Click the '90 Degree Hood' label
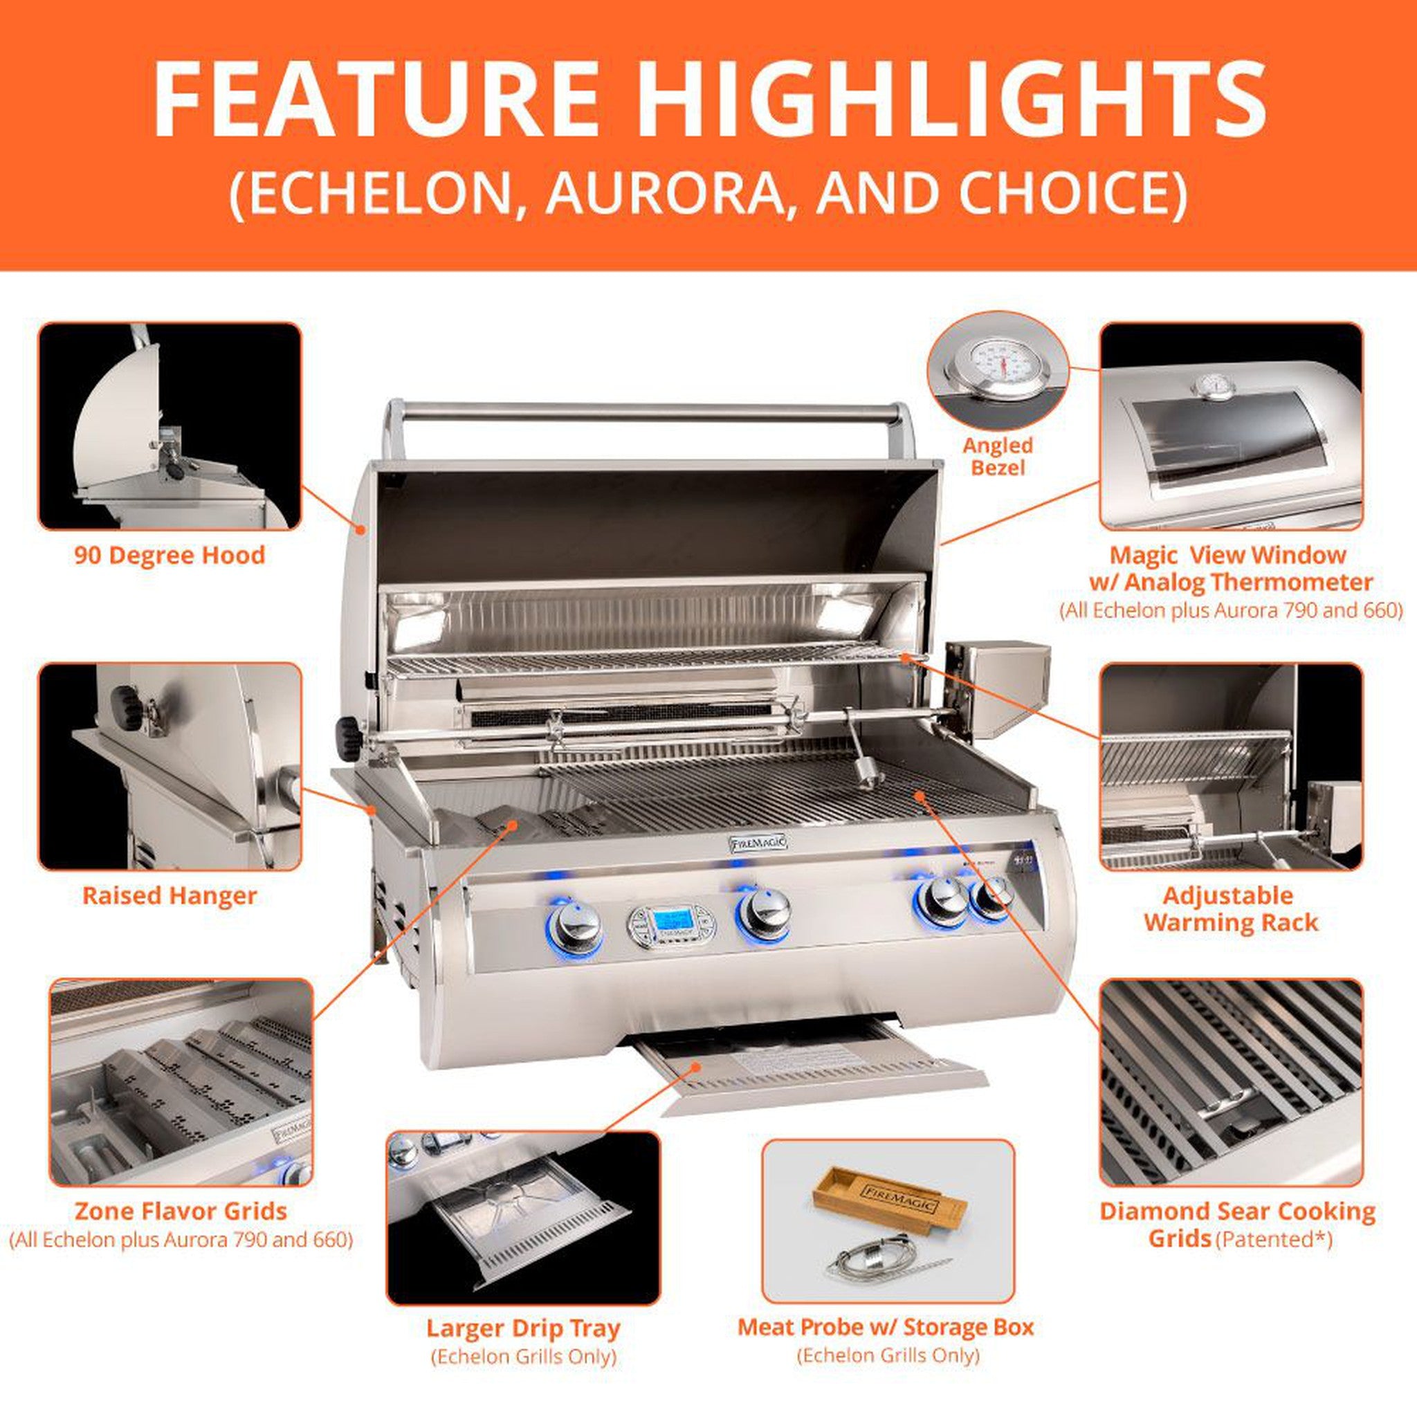170,555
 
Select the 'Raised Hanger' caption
170,895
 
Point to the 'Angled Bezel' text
998,456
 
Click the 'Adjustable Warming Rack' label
1230,908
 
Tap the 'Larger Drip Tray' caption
523,1328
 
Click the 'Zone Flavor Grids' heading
181,1211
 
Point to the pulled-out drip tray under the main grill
807,1075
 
